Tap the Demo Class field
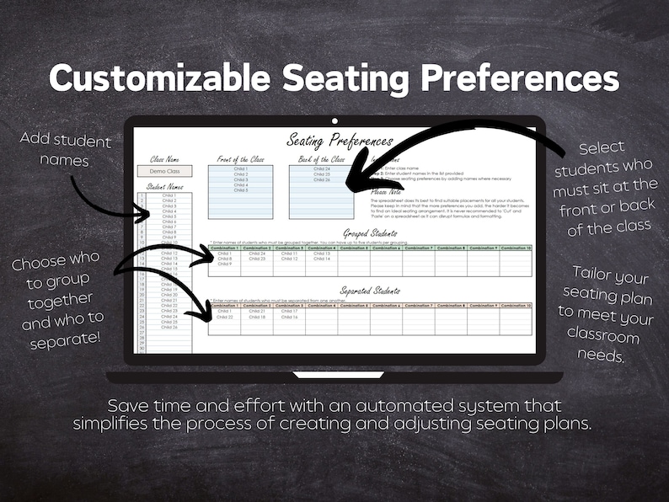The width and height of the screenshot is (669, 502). click(x=164, y=171)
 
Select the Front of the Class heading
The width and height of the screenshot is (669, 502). click(x=240, y=158)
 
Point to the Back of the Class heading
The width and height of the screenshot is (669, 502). click(x=321, y=158)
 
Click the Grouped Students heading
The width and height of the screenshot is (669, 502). click(x=370, y=233)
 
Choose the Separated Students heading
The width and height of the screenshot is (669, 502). click(x=370, y=291)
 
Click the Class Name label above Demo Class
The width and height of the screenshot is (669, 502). click(x=164, y=158)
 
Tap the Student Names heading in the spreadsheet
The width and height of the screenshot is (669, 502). click(x=164, y=186)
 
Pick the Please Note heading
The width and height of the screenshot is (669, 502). click(x=386, y=191)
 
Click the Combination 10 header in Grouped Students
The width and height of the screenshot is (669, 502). click(x=516, y=248)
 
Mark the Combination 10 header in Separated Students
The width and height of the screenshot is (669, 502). click(x=516, y=305)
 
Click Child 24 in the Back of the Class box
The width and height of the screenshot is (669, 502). click(x=322, y=168)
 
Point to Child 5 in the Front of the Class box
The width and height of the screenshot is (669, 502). click(x=240, y=190)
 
